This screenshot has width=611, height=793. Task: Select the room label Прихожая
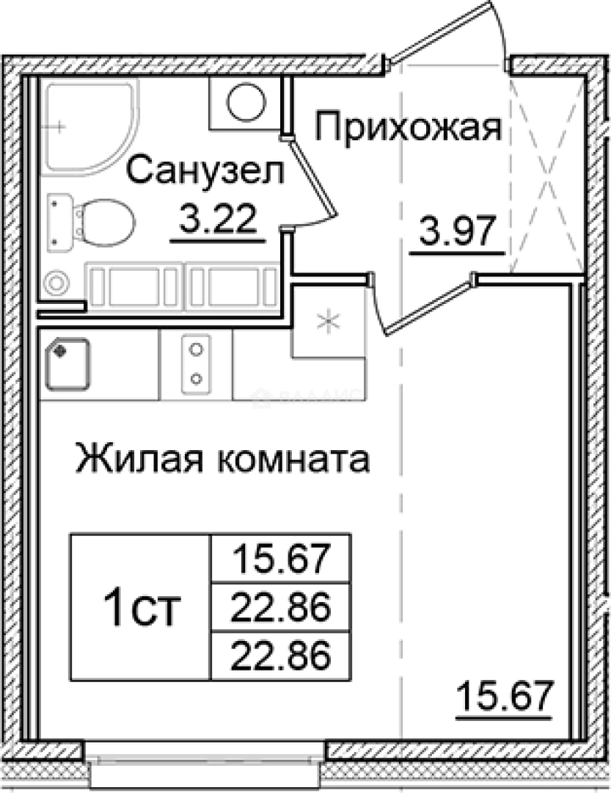click(x=409, y=129)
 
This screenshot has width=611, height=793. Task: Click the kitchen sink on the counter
click(x=67, y=363)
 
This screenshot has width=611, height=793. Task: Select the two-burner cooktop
click(x=196, y=363)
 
